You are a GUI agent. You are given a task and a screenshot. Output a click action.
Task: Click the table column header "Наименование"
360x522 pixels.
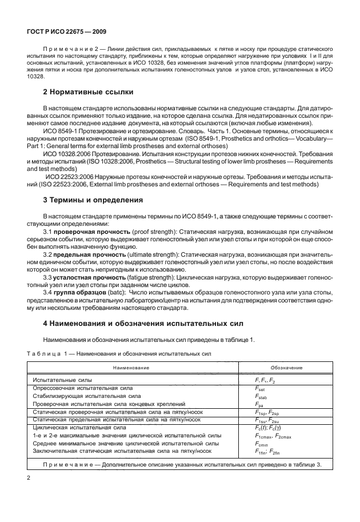(131, 368)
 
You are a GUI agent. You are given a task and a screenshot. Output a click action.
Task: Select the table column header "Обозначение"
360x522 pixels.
(286, 368)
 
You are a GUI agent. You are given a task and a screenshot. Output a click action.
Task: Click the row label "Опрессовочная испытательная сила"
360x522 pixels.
(84, 388)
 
